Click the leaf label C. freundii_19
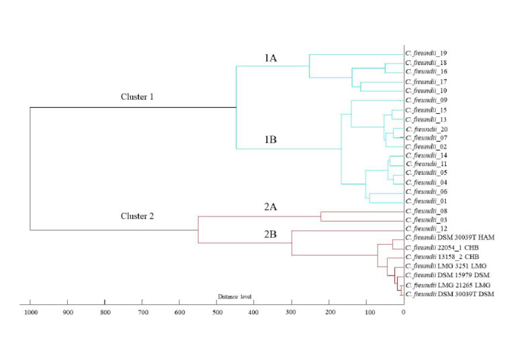pos(426,53)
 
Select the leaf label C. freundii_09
pos(426,100)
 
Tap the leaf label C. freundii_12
pos(426,229)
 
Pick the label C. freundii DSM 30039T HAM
pos(449,238)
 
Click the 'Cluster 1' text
pos(137,97)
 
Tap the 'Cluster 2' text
pos(137,216)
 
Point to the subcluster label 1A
pos(270,59)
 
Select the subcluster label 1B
pos(270,139)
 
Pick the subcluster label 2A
pos(270,207)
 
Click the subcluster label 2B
pos(270,234)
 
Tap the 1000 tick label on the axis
pos(30,312)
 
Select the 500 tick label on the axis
pos(217,312)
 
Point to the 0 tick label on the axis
pos(403,312)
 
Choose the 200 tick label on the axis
pos(329,312)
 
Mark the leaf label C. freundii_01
pos(426,201)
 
